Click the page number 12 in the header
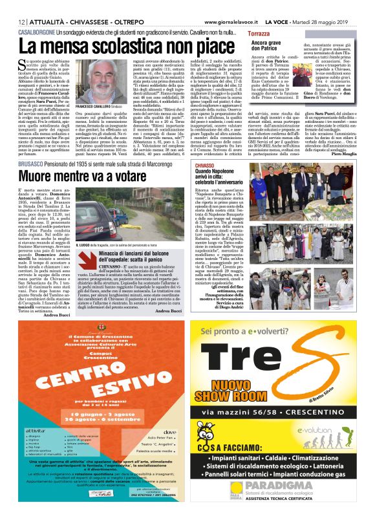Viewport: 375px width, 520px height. coord(11,21)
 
